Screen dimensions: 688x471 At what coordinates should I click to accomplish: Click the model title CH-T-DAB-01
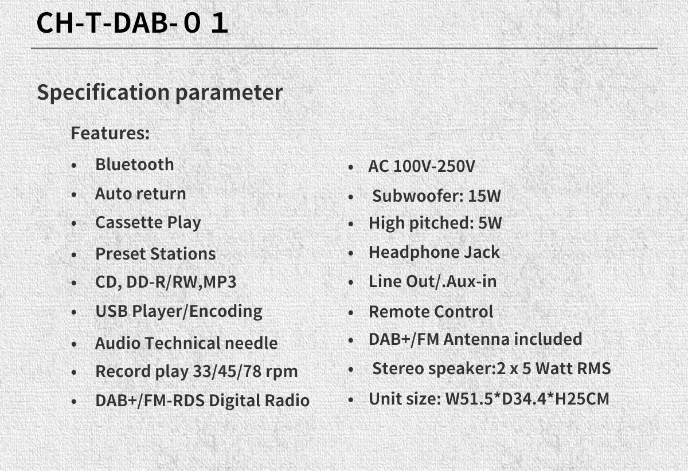(x=132, y=22)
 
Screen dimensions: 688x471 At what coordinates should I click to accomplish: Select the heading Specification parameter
(x=160, y=92)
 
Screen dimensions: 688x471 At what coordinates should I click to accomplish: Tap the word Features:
(x=110, y=133)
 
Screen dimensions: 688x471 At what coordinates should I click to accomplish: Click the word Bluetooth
(x=135, y=164)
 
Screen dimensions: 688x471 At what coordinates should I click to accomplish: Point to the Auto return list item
(x=140, y=194)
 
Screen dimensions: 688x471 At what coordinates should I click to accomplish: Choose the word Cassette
(x=129, y=222)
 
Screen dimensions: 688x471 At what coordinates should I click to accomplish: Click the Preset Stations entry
(x=156, y=254)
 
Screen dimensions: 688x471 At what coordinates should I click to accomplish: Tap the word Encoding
(x=226, y=312)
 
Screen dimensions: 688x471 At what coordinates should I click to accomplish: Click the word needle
(x=251, y=343)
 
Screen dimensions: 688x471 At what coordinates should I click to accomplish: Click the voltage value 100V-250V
(x=434, y=166)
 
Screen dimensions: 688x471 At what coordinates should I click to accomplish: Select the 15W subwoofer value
(x=484, y=196)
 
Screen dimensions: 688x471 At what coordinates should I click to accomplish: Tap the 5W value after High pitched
(x=490, y=222)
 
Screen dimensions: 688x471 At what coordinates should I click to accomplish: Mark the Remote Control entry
(x=431, y=312)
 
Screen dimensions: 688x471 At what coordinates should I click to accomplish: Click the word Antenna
(x=476, y=339)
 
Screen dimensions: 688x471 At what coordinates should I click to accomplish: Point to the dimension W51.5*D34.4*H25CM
(x=527, y=399)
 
